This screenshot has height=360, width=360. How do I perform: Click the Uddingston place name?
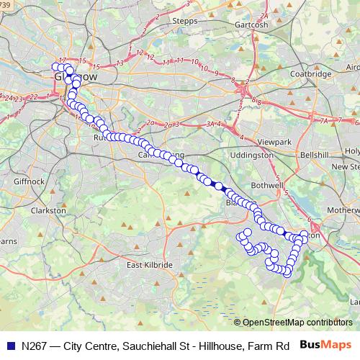coord(253,155)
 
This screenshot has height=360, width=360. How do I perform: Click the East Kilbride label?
coord(150,265)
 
